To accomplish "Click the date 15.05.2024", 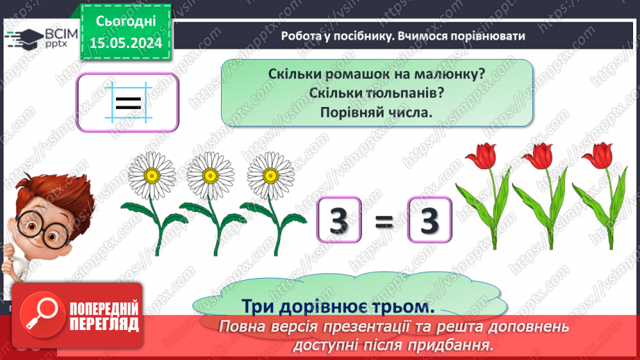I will click(x=125, y=43).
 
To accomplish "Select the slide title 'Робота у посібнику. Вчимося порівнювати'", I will click(x=403, y=36).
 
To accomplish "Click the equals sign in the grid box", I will click(x=128, y=104).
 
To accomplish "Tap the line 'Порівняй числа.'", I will click(x=377, y=111).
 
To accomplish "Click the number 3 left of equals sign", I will click(x=338, y=220).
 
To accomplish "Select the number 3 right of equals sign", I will click(x=431, y=220).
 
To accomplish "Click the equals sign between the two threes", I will click(x=384, y=222).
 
